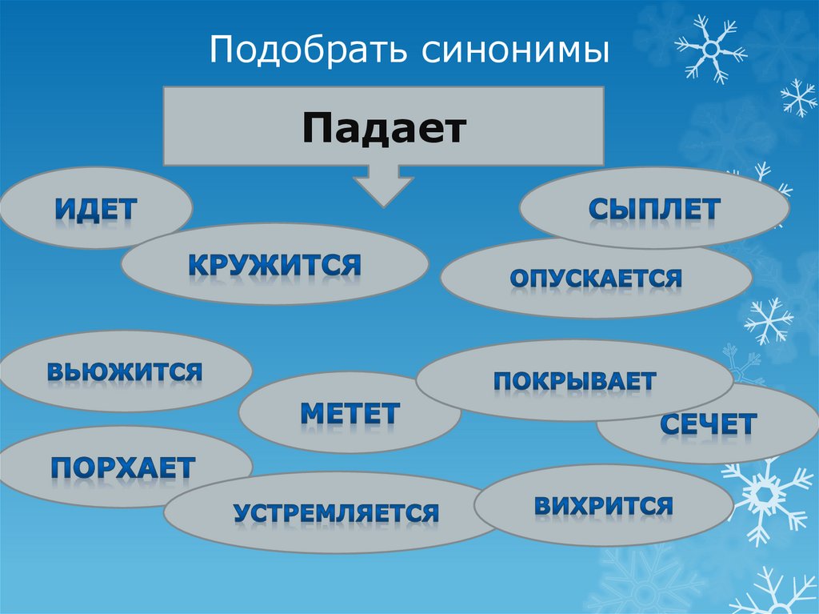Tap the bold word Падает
384,128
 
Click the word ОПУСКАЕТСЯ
596,279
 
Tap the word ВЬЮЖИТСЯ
124,371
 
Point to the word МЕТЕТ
350,413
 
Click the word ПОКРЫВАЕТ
574,380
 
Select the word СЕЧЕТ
708,424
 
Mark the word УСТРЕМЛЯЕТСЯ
336,512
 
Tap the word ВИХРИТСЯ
603,505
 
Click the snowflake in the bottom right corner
768,592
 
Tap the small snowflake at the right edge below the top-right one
798,98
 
